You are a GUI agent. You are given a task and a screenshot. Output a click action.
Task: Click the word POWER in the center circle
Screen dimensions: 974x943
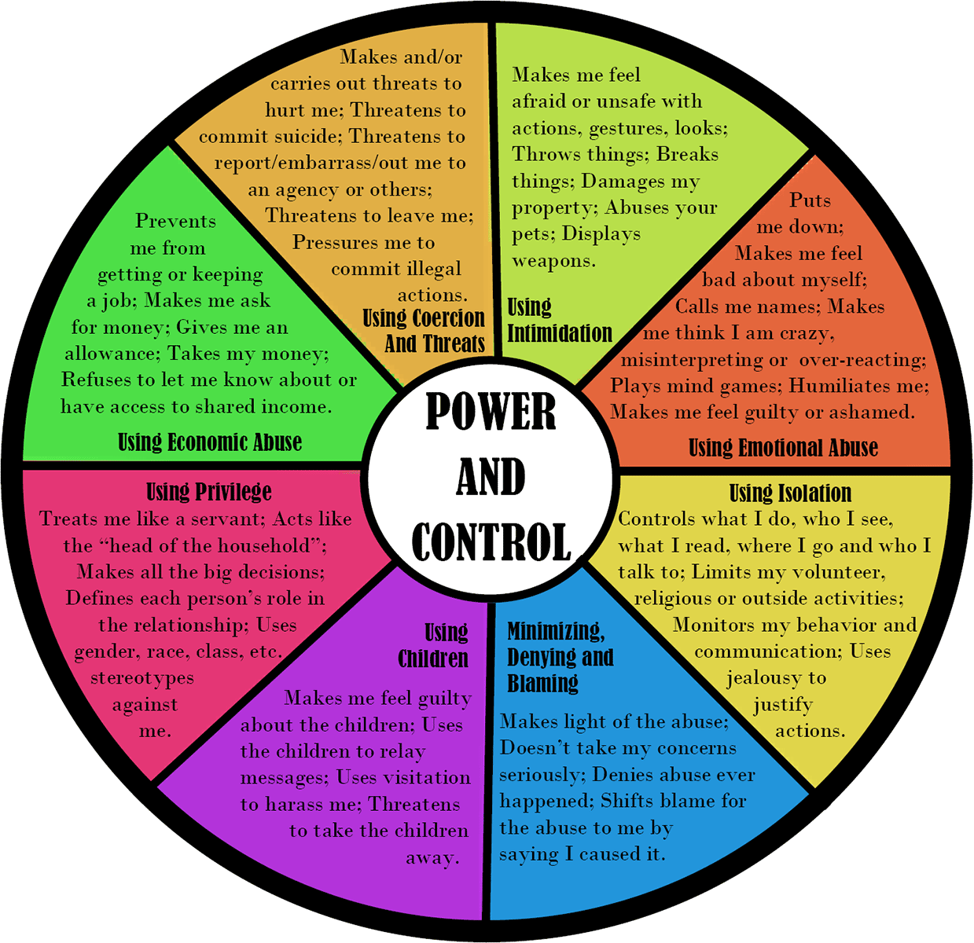tap(491, 411)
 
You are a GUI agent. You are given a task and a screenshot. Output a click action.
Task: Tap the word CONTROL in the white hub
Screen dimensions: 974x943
tap(491, 542)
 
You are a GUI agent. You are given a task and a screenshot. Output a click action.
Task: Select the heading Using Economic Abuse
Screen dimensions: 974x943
tap(210, 442)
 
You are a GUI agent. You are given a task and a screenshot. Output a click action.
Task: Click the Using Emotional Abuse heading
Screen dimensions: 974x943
tap(783, 447)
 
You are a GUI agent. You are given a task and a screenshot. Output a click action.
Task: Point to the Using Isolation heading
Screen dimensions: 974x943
tap(790, 493)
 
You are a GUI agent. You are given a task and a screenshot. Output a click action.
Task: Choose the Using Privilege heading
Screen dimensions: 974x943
tap(209, 492)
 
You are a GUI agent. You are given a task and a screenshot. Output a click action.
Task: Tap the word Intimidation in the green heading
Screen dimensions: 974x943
tap(560, 332)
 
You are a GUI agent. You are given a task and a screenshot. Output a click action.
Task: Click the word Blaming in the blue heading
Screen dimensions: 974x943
tap(542, 683)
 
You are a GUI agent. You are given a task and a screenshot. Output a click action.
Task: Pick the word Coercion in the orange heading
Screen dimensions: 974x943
tap(447, 318)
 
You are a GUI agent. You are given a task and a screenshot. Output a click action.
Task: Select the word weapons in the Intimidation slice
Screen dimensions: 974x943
tap(553, 261)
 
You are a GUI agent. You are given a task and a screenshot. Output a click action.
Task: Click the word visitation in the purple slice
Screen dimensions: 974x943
tap(426, 777)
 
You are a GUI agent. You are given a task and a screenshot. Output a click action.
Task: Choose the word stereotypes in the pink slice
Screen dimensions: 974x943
tap(142, 678)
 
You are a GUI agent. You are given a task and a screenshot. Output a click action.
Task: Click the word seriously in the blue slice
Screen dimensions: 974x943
tap(542, 775)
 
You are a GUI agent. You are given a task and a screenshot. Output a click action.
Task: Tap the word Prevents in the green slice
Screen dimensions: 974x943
tap(175, 221)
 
